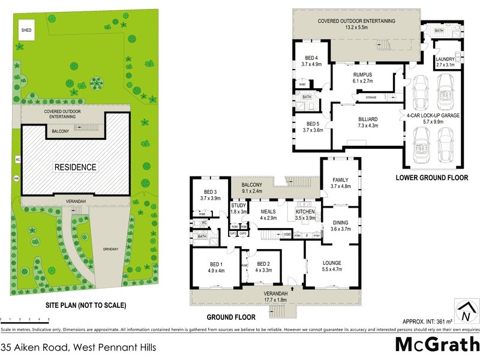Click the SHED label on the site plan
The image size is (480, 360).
[26, 29]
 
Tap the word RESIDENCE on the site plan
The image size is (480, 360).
[76, 167]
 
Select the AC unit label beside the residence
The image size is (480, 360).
[17, 160]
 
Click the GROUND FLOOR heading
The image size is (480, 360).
[231, 317]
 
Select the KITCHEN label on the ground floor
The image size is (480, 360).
[306, 211]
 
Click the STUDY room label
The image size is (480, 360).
[239, 208]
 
